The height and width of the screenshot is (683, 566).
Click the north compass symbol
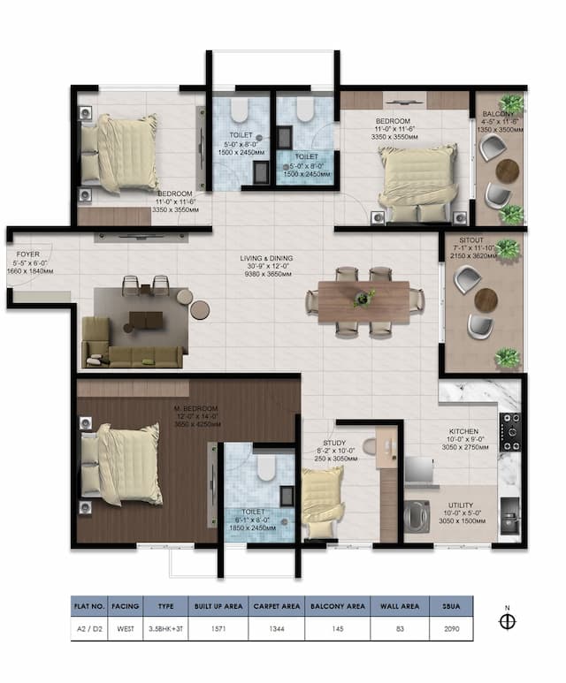coord(507,621)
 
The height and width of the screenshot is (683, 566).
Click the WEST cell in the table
coord(126,629)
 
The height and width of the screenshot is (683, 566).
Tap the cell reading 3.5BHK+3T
coord(166,629)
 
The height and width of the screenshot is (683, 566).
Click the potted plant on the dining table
coord(363,299)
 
